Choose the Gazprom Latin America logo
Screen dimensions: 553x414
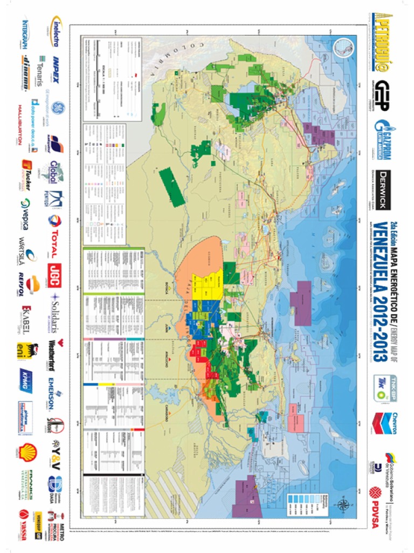coord(382,140)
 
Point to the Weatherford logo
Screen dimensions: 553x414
coord(57,350)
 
